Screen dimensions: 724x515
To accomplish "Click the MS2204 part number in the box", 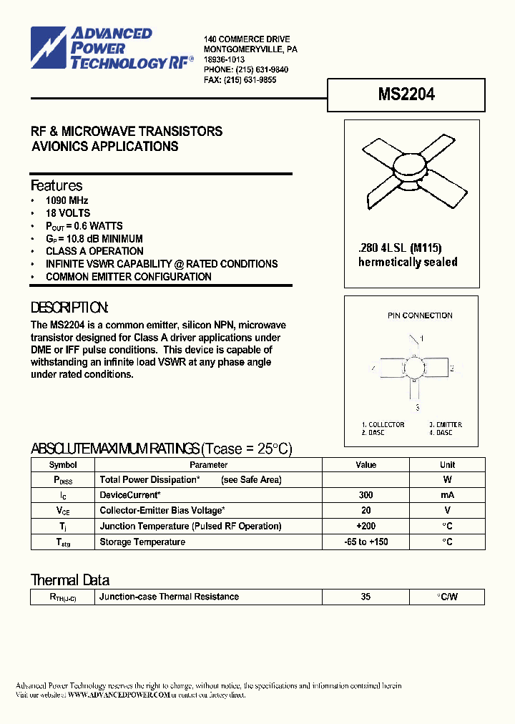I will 406,94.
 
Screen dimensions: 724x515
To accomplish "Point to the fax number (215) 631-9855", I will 250,80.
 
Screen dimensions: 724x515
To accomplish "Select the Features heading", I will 57,185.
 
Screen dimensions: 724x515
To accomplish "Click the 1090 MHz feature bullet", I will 67,201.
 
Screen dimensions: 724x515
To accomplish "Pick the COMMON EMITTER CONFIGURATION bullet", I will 128,277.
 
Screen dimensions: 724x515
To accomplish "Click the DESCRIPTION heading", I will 69,308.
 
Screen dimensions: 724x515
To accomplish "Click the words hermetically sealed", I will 407,262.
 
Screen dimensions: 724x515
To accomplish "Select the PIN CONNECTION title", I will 420,315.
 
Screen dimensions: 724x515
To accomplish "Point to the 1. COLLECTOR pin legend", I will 383,425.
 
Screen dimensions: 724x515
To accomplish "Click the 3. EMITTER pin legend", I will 446,425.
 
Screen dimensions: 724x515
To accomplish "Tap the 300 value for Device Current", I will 366,495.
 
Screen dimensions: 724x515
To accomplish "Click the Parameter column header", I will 208,465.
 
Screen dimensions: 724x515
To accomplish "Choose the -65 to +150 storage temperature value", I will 366,542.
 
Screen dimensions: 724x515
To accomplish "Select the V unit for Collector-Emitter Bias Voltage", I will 447,511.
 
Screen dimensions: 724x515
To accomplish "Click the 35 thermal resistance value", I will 366,597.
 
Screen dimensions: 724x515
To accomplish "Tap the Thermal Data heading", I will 70,580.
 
